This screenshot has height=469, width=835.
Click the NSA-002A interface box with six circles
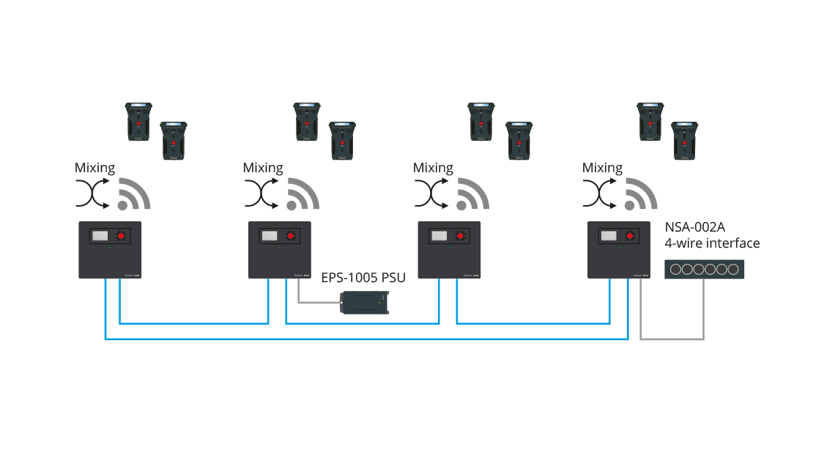point(703,269)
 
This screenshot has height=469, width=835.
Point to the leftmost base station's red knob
point(121,237)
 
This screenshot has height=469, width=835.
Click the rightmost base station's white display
point(608,236)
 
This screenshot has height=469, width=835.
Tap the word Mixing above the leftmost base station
point(95,168)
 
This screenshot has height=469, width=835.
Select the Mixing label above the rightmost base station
point(602,168)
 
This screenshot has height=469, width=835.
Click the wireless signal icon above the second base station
point(303,194)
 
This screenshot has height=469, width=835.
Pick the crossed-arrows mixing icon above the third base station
point(431,194)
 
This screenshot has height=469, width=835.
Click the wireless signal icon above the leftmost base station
point(134,194)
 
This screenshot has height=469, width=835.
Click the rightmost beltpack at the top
point(684,141)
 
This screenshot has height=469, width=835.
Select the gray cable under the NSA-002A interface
point(672,339)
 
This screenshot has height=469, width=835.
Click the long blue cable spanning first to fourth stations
point(366,339)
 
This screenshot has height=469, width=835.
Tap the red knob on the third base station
point(460,237)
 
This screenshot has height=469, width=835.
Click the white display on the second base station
point(270,236)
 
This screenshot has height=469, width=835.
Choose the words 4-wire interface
point(711,243)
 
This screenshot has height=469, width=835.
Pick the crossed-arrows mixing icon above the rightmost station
point(601,194)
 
